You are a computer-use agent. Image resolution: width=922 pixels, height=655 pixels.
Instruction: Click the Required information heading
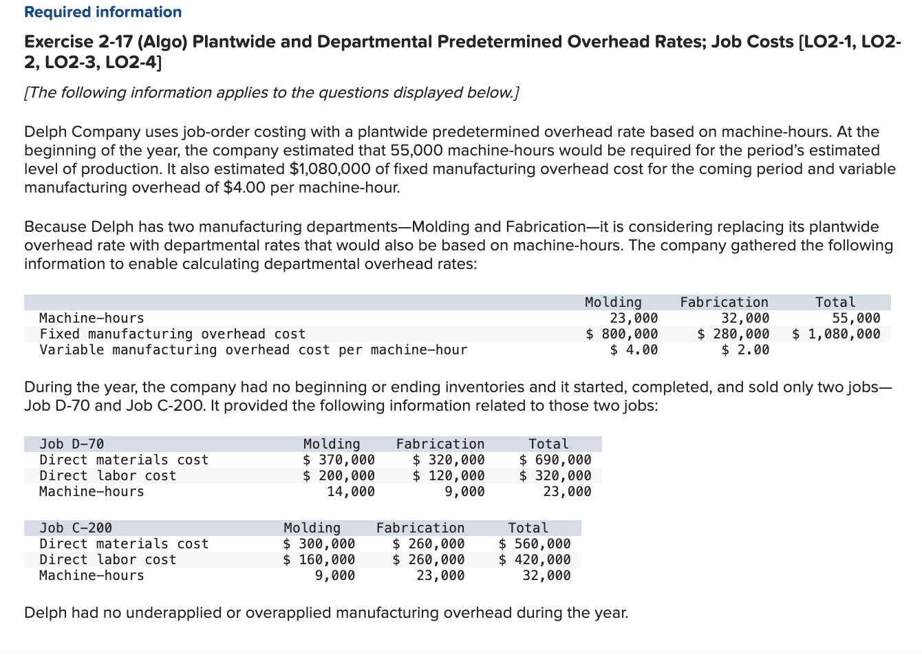coord(103,12)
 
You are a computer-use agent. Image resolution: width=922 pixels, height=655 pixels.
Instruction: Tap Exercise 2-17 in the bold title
coord(78,42)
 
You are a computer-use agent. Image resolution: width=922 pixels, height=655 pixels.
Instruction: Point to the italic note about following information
coord(271,93)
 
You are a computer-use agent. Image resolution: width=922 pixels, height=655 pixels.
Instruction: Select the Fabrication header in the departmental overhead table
coord(724,302)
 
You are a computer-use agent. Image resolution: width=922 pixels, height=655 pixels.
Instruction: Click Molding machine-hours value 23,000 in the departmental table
coord(634,318)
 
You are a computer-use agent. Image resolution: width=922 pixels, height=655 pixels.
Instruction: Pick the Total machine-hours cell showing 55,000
coord(856,318)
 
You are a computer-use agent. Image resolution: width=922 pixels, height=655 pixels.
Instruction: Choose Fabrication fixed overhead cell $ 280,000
coord(733,334)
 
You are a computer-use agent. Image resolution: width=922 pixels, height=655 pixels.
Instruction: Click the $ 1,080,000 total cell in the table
coord(836,334)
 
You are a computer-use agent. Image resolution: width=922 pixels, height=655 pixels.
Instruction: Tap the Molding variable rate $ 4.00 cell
coord(634,350)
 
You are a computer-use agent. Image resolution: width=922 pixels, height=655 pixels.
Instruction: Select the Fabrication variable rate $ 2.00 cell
coord(745,350)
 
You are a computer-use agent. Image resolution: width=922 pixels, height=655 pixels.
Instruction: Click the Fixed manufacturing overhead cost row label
coord(173,334)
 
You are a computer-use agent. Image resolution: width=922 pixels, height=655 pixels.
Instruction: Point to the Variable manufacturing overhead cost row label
coord(253,350)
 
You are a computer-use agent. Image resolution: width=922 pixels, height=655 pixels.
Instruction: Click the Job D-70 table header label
coord(72,444)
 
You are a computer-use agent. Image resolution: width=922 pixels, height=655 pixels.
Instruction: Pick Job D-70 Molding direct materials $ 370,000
coord(339,460)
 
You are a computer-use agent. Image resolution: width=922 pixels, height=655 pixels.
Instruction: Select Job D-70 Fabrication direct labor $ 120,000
coord(449,475)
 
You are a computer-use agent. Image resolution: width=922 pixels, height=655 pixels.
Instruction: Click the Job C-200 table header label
coord(76,528)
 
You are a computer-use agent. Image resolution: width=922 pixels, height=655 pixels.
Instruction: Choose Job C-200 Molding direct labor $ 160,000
coord(319,559)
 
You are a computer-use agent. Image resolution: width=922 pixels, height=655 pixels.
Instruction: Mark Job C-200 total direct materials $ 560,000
coord(535,544)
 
